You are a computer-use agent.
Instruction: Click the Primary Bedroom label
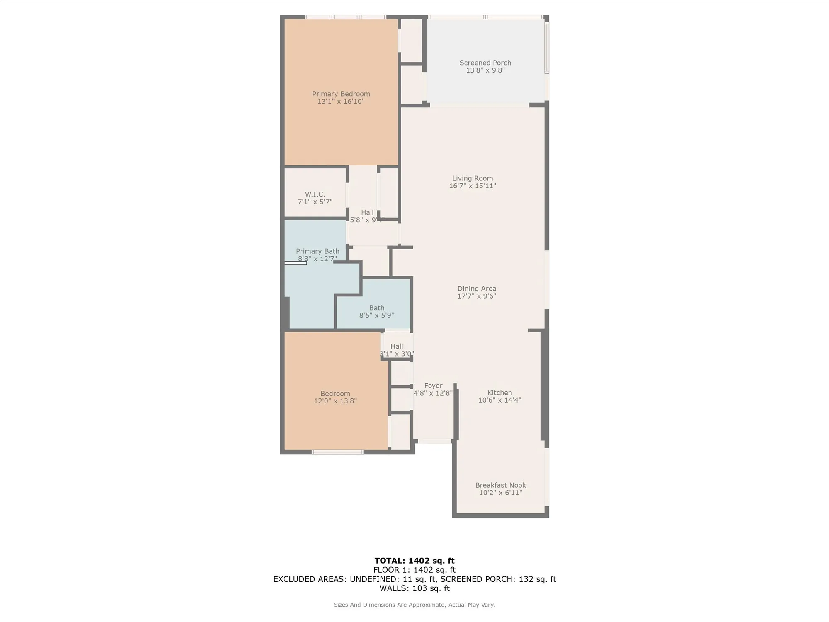tap(341, 94)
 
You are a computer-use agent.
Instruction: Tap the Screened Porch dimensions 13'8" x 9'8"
tap(485, 70)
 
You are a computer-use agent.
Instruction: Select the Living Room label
tap(473, 178)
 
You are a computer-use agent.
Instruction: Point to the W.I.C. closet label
tap(315, 194)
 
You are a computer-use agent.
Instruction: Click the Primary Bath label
tap(318, 251)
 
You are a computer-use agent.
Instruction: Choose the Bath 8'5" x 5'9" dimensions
tap(376, 315)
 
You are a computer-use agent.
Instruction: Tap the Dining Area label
tap(477, 289)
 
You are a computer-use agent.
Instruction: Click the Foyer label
tap(433, 386)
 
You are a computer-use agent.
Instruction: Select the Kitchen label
tap(499, 393)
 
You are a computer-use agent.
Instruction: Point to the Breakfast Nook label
tap(500, 485)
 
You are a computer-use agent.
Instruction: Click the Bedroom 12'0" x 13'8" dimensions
tap(335, 401)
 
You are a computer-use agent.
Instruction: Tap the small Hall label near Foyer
tap(397, 346)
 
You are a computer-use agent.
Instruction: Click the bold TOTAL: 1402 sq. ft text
tap(414, 561)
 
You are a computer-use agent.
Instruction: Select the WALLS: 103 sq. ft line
tap(414, 588)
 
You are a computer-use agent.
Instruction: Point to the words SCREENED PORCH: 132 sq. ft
tap(498, 579)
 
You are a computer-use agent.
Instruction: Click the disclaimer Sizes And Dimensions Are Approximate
tap(414, 605)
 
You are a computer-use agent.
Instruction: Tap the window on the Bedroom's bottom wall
tap(337, 452)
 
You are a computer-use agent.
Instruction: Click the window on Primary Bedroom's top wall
tap(345, 17)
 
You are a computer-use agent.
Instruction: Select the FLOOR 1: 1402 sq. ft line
tap(414, 570)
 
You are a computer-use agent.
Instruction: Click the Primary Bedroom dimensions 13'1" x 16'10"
tap(341, 102)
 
